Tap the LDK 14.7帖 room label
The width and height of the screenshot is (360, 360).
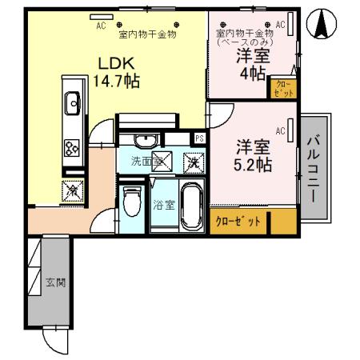click(119, 70)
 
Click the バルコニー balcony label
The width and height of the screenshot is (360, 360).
click(314, 169)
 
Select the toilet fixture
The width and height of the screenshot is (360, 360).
click(132, 204)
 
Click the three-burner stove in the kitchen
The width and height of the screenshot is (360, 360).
click(72, 147)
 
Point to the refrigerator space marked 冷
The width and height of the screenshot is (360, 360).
click(72, 190)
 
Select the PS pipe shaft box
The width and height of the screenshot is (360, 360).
click(199, 138)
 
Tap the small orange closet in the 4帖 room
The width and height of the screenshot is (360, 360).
click(285, 88)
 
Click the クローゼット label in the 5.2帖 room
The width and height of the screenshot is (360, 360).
click(238, 222)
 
